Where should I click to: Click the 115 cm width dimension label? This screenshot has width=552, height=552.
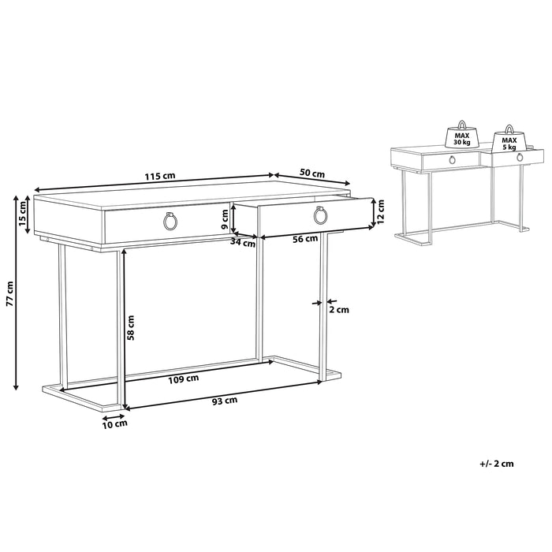(x=160, y=176)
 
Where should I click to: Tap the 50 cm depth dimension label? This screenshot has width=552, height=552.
(x=313, y=173)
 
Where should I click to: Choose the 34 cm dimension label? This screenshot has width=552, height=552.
(x=244, y=243)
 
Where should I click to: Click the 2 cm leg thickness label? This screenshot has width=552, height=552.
(x=338, y=310)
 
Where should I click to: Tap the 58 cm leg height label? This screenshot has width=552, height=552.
(x=131, y=327)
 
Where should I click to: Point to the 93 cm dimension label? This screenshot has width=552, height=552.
(x=225, y=401)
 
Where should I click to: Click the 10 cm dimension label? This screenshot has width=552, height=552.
(x=115, y=424)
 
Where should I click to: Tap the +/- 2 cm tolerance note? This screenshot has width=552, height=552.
(x=496, y=464)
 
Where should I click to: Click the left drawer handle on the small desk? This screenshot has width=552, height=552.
(x=452, y=161)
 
